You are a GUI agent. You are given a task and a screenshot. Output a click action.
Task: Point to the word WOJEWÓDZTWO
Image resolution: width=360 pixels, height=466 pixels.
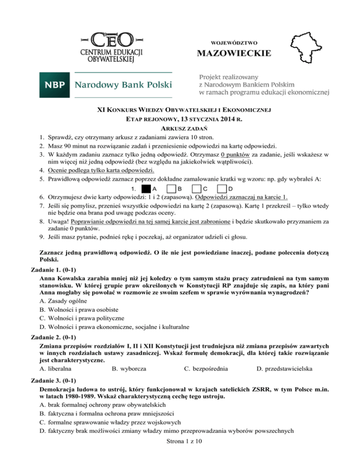tap(234, 42)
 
